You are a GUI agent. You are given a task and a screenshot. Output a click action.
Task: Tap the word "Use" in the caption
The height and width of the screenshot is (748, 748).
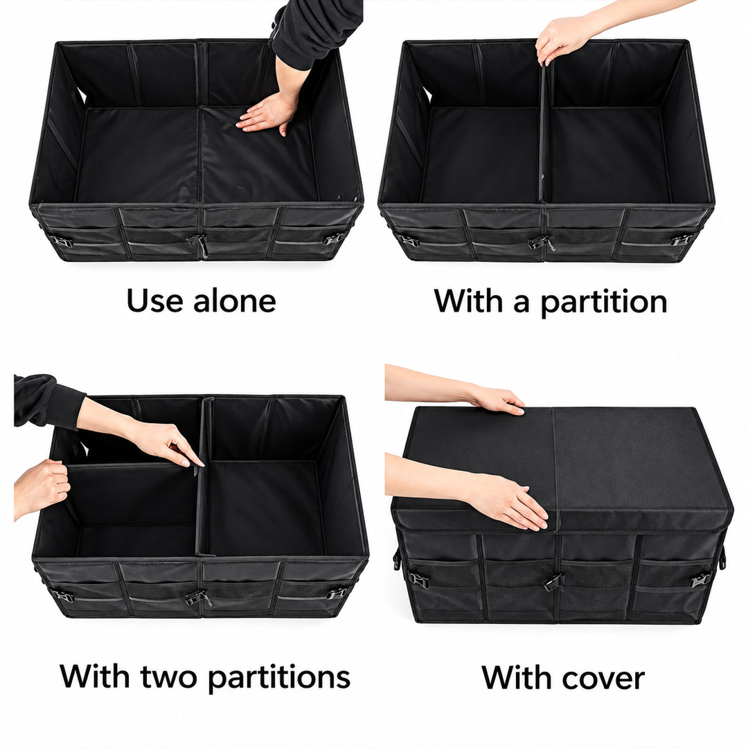(x=154, y=301)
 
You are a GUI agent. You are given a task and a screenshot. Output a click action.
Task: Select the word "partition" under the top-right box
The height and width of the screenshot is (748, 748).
(x=605, y=302)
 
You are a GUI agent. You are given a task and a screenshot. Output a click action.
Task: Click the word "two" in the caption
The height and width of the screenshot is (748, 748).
(x=171, y=677)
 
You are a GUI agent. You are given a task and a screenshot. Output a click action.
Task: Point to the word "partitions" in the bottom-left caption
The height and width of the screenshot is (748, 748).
(x=280, y=677)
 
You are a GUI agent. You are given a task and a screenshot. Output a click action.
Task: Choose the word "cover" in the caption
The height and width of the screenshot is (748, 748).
(x=603, y=678)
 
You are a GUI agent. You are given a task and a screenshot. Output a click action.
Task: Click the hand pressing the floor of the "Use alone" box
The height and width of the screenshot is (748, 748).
(x=267, y=113)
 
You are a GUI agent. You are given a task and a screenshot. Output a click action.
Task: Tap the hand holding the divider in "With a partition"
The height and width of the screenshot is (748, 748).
(x=562, y=39)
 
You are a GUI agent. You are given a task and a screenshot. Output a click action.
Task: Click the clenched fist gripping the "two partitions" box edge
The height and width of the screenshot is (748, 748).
(x=42, y=487)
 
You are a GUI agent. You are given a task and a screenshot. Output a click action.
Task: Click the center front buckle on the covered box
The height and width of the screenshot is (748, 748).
(x=553, y=582)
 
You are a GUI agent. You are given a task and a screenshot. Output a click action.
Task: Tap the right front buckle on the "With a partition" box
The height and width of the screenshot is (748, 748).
(x=682, y=240)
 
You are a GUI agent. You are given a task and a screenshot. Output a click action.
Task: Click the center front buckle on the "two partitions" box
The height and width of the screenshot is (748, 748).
(x=197, y=598)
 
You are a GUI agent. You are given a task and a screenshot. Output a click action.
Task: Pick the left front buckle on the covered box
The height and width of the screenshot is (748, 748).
(x=418, y=580)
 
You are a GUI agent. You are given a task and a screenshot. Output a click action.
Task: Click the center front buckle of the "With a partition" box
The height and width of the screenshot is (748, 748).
(x=541, y=243)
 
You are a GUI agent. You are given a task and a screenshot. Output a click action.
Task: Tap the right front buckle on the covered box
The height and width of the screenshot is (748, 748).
(x=700, y=580)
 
